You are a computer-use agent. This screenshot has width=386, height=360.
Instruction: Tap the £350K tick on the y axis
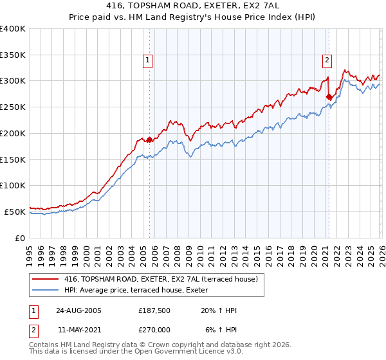[x=13, y=55]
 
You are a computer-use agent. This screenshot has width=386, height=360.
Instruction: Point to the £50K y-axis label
[x=15, y=212]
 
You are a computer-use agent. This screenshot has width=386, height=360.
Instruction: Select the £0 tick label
[x=19, y=238]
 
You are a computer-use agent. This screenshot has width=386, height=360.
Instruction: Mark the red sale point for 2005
[x=150, y=139]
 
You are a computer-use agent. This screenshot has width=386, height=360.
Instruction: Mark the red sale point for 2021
[x=329, y=97]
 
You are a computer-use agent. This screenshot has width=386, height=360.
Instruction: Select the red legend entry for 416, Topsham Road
[x=161, y=279]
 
